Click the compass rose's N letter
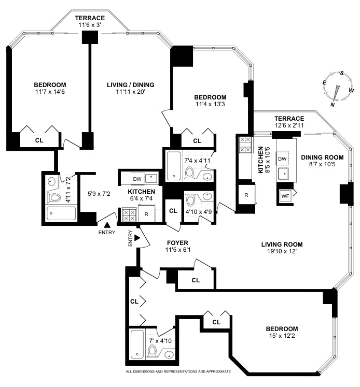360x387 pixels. pos(332,104)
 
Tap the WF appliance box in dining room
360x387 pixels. pos(285,196)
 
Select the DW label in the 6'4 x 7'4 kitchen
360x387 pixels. pos(137,179)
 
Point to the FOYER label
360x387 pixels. pos(177,242)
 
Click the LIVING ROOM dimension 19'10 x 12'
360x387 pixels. pos(282,252)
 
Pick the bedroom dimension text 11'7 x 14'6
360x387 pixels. pos(50,92)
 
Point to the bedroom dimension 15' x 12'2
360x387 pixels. pos(282,337)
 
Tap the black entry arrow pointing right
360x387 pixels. pos(137,238)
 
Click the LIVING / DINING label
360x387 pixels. pos(130,85)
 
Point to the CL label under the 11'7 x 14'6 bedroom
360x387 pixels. pos(39,140)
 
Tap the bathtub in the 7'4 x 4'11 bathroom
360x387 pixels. pos(174,166)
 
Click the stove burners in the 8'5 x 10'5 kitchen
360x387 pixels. pos(245,146)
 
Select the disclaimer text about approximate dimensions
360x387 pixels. pos(178,371)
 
